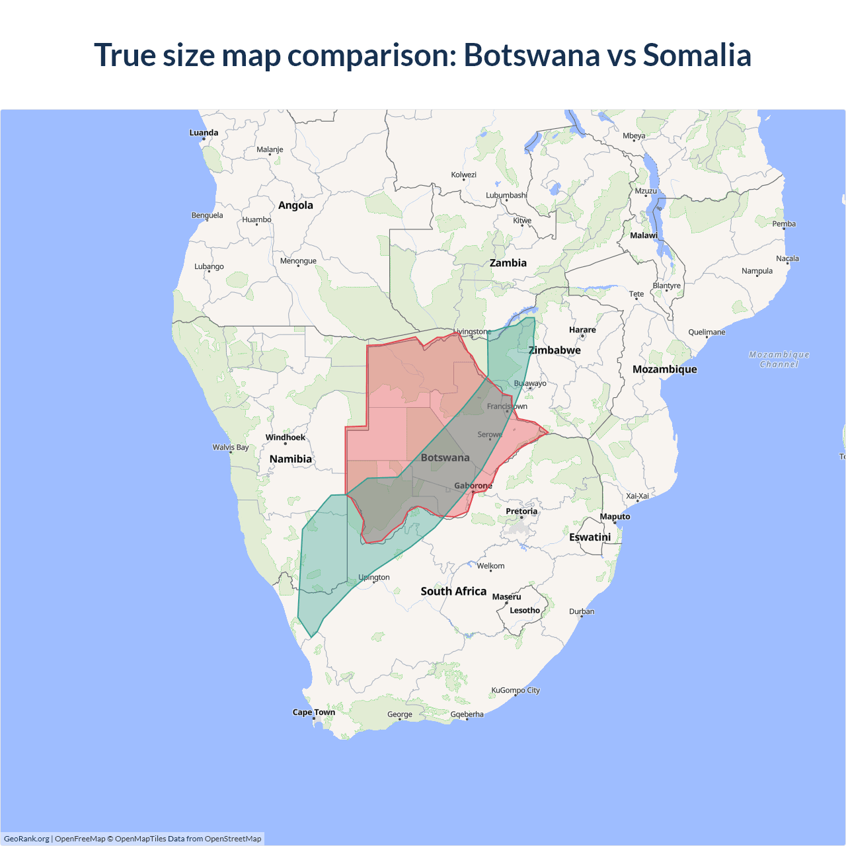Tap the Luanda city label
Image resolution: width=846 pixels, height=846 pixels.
pos(204,133)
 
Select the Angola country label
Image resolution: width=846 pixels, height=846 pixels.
pos(295,206)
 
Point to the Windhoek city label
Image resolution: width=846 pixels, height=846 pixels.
pos(286,438)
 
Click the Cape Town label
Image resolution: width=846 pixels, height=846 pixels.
pos(314,712)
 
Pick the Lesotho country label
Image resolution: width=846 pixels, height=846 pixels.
pos(525,611)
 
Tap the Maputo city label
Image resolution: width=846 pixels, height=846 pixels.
pos(615,517)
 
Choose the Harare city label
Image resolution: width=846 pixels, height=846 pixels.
pos(582,330)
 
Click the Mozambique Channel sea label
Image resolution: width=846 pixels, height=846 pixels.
pos(779,360)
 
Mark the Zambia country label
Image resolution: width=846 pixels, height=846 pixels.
pos(508,263)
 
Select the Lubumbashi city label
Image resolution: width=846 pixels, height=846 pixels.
pos(506,196)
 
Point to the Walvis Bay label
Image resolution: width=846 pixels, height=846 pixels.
pos(231,447)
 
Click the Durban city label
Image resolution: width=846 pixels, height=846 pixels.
pos(582,612)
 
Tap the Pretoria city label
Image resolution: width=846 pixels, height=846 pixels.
pos(521,512)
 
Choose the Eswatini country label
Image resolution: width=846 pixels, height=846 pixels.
pos(590,537)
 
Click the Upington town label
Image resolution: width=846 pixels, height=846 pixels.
pos(374,578)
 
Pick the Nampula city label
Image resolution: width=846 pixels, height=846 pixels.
pos(757,271)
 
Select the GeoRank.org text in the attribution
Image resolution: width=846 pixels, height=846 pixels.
pos(26,839)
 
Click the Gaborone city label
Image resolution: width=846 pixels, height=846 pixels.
pos(473,486)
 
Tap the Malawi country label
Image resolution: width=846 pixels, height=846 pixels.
pos(644,236)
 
